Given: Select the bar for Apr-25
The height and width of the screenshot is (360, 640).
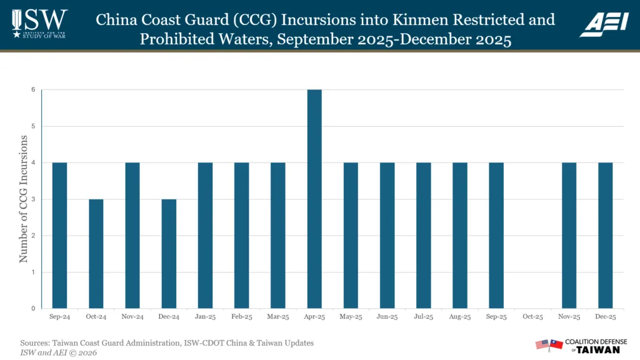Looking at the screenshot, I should (x=314, y=199).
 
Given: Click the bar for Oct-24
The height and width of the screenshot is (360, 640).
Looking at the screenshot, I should (x=96, y=254).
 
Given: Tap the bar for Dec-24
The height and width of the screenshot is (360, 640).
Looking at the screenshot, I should (x=169, y=254).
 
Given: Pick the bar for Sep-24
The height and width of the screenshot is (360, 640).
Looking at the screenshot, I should (x=59, y=236).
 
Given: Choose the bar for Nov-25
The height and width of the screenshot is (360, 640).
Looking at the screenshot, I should (x=569, y=236).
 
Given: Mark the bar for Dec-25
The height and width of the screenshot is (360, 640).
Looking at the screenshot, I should (x=605, y=236).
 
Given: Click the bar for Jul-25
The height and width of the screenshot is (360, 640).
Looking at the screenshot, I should (x=423, y=236).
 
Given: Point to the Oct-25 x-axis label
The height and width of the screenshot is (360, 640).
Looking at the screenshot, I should (x=532, y=317).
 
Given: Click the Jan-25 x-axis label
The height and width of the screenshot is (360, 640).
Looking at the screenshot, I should (x=205, y=317).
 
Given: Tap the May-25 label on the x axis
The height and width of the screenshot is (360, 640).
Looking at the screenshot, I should (x=351, y=317).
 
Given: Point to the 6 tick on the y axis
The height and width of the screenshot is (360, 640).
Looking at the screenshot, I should (x=34, y=90).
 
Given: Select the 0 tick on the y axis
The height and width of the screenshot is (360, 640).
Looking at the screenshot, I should (x=34, y=309).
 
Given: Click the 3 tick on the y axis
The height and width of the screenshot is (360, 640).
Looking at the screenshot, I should (x=34, y=199).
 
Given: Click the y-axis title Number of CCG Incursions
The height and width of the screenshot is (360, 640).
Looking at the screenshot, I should (x=23, y=199).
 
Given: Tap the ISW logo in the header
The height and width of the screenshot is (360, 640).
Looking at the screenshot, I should (x=39, y=24).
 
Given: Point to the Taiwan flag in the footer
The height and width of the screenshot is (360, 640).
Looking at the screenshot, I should (x=556, y=344).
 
